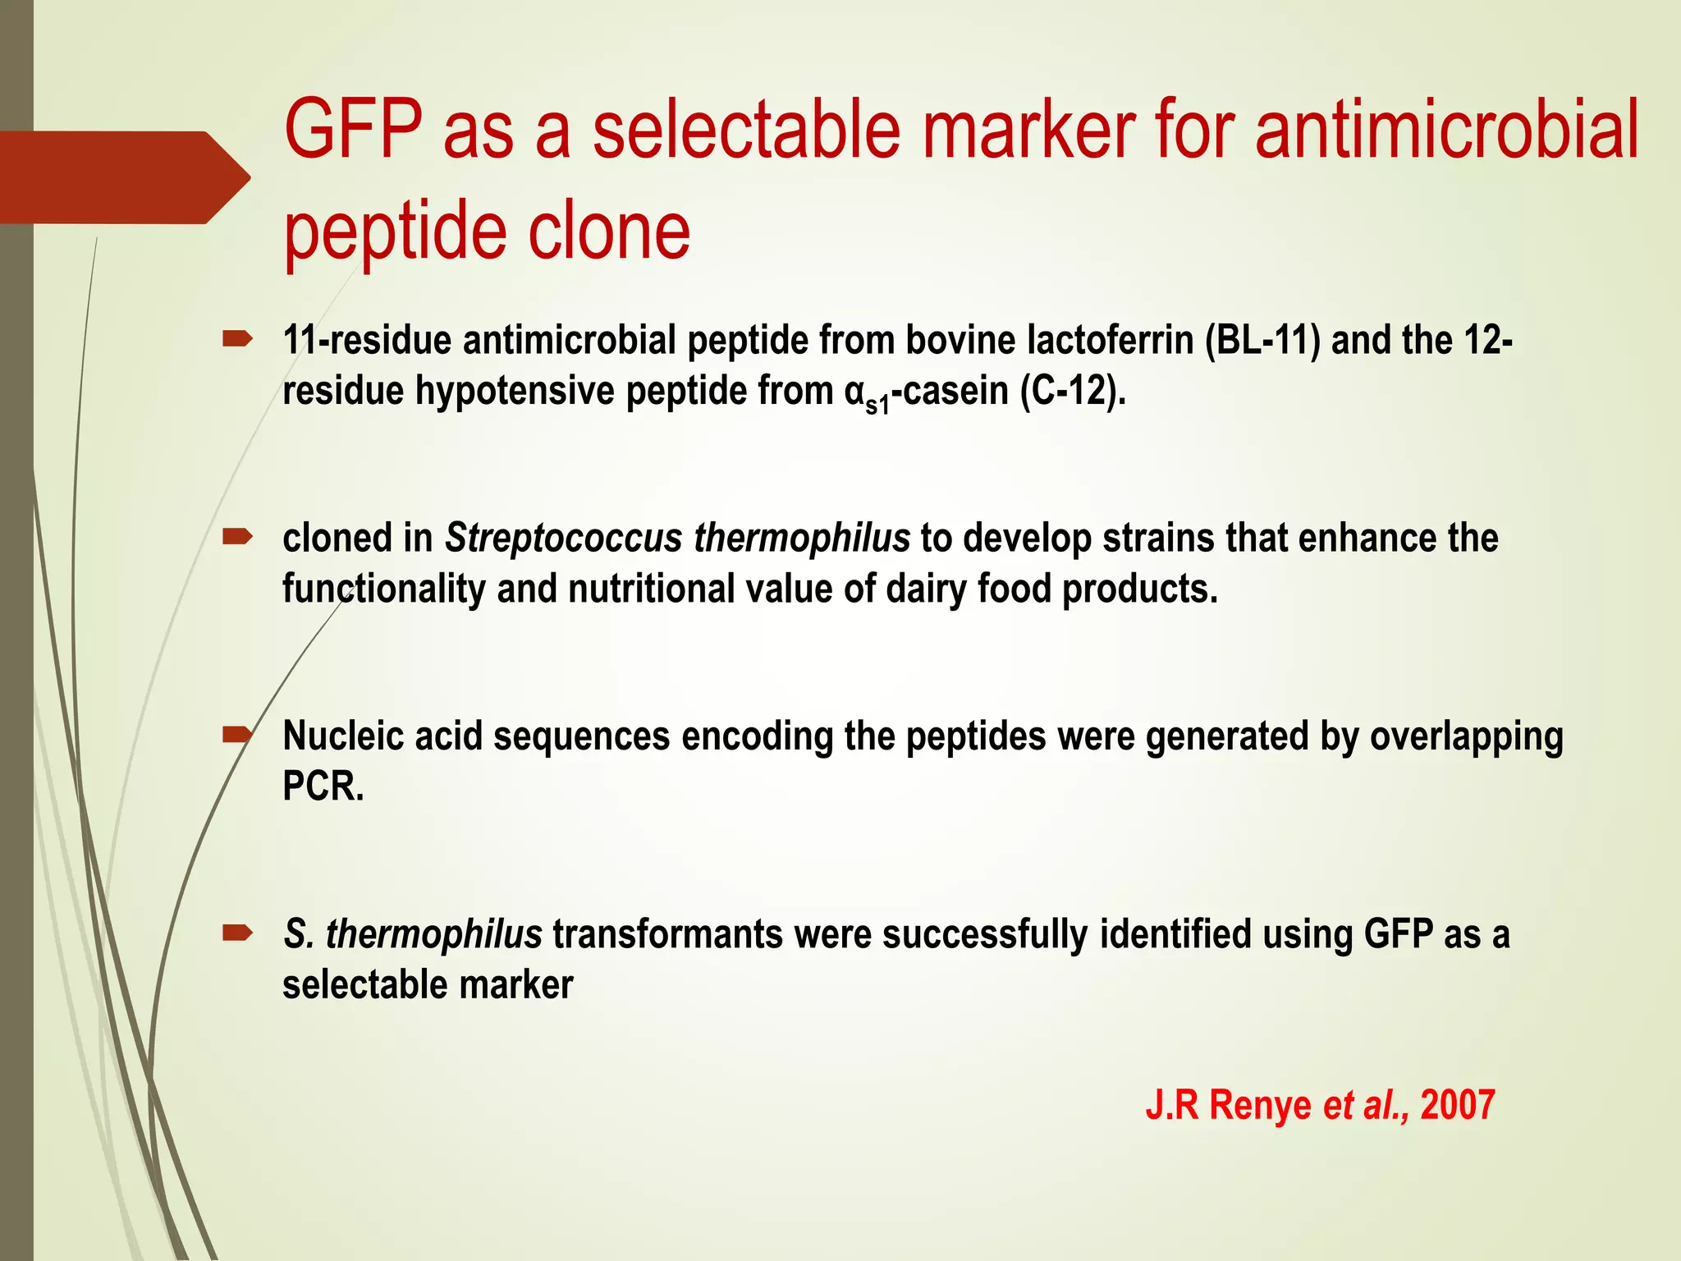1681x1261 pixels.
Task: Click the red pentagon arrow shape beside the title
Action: tap(123, 177)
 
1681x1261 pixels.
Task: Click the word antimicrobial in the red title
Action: tap(1446, 130)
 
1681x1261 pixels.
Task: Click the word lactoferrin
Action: tap(1109, 340)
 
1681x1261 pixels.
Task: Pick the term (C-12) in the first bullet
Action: tap(1070, 391)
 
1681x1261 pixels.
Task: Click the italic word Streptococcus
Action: tap(563, 539)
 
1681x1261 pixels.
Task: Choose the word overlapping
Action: tap(1466, 736)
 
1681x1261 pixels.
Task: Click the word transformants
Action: tap(667, 934)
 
